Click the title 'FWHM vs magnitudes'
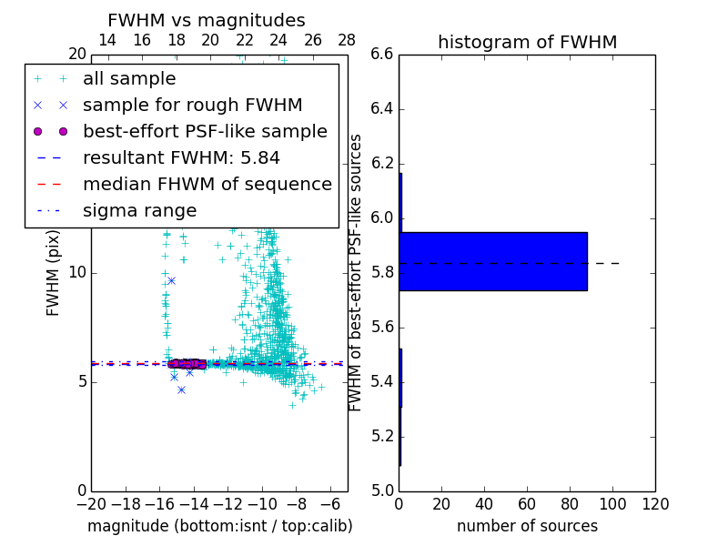[x=207, y=20]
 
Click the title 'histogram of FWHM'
[x=527, y=42]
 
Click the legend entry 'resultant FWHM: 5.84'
[x=181, y=158]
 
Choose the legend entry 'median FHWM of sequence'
[x=207, y=185]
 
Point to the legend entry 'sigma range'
[x=139, y=211]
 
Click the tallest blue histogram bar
[x=493, y=261]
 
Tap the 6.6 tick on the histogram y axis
[x=382, y=55]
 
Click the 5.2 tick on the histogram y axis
[x=382, y=436]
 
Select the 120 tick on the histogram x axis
[x=655, y=504]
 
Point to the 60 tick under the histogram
[x=527, y=504]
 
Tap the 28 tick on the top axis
[x=347, y=40]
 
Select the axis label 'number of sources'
[x=527, y=526]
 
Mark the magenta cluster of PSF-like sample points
[x=187, y=363]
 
